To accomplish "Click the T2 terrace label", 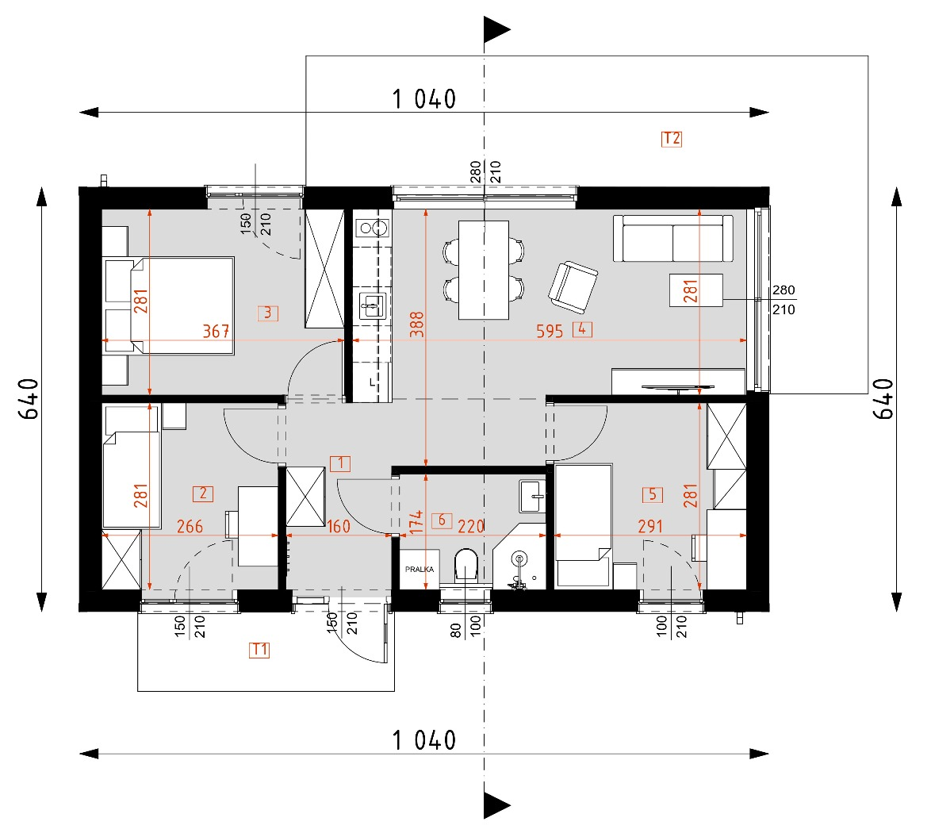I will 671,139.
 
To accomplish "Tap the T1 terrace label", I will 259,651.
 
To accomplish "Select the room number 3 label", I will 268,313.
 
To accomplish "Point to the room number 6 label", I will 443,520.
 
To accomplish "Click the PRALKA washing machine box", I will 417,569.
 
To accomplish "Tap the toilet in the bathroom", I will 465,568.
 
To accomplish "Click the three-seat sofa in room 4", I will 672,238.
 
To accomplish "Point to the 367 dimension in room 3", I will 216,331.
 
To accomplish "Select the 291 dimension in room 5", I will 649,526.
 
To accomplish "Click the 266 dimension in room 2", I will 190,526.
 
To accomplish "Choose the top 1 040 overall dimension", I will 424,99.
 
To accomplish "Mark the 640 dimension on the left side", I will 28,401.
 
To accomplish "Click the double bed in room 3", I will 169,305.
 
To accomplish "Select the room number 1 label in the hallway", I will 339,463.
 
